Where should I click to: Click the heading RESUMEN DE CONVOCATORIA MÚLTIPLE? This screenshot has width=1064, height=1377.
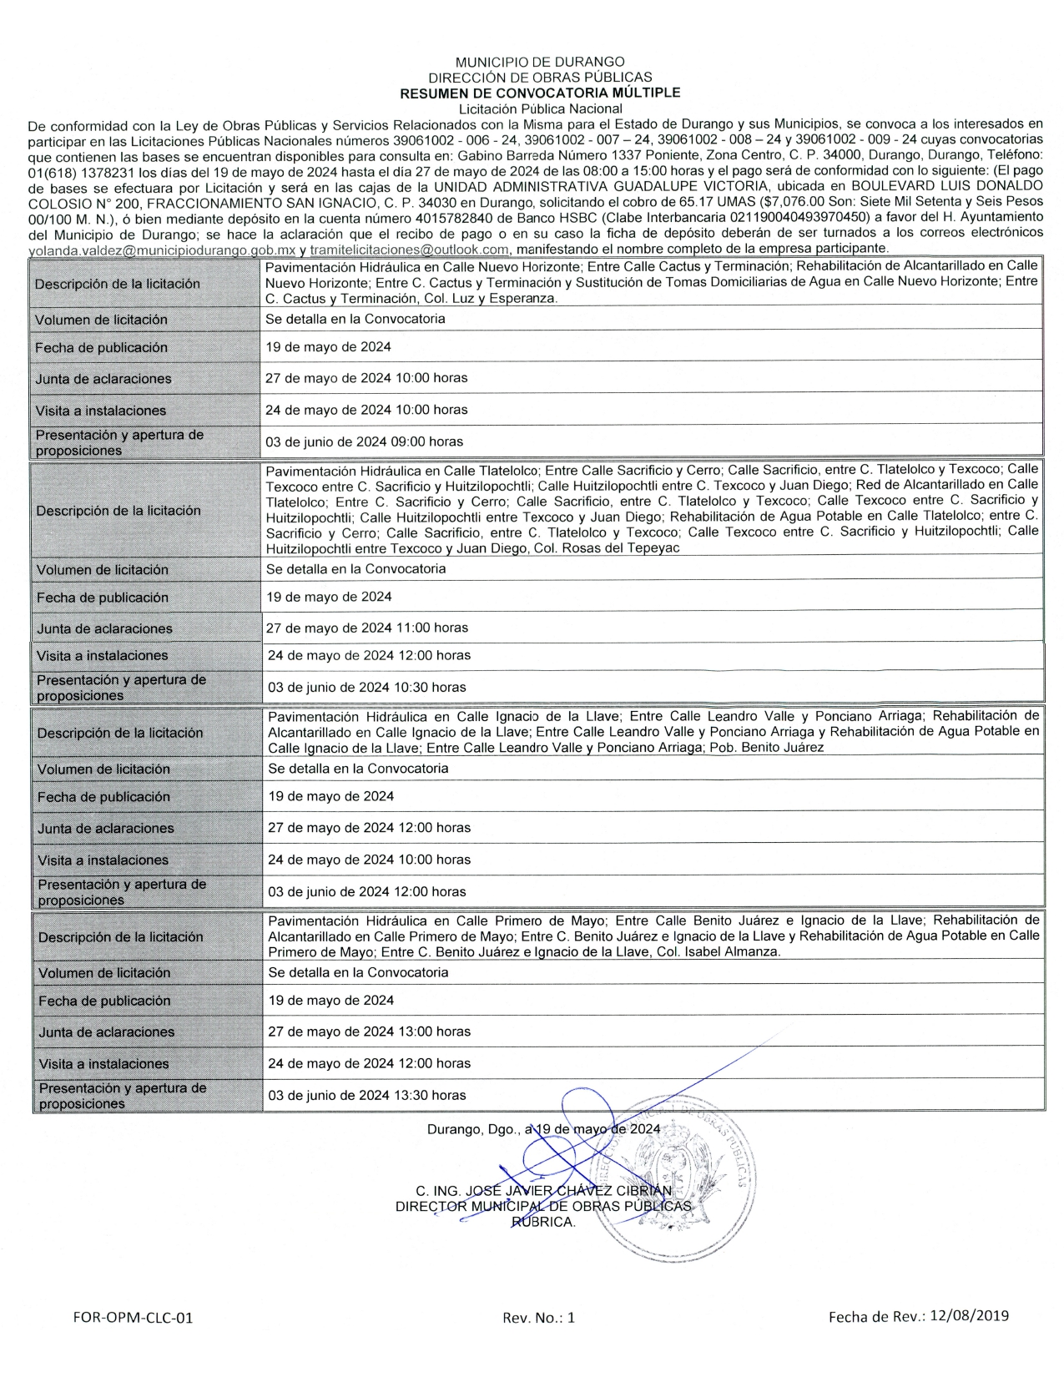540,93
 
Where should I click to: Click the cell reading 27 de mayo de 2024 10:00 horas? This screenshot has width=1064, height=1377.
366,378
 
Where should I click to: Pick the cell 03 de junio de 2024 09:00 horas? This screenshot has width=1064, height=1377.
364,441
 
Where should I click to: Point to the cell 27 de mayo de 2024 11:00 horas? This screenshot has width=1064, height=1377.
367,628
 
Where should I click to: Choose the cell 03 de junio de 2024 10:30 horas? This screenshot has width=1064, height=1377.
366,688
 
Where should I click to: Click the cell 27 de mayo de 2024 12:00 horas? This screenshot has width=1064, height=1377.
369,828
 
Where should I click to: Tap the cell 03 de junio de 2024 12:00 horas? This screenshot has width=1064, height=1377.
366,892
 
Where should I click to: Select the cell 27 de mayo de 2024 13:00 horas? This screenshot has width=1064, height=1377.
369,1031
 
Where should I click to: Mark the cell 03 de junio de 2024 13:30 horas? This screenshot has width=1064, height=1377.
366,1095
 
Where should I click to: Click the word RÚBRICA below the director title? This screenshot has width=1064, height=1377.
543,1222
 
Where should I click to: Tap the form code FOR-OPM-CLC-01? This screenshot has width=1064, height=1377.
134,1318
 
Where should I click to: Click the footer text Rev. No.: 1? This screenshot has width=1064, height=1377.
538,1318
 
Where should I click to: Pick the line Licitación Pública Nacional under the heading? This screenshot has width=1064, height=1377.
540,108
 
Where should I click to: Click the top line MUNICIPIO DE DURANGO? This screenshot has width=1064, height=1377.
540,62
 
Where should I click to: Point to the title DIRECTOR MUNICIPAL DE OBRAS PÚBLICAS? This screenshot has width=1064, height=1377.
543,1206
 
